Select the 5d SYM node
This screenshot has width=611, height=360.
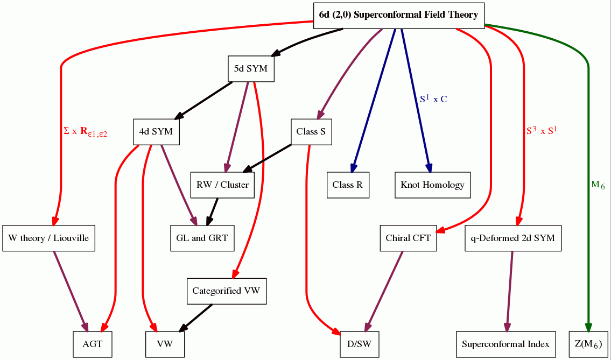tap(251, 69)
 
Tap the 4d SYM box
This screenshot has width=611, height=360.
tap(156, 132)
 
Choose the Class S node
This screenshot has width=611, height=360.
tap(311, 132)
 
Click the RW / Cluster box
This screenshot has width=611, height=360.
tap(222, 185)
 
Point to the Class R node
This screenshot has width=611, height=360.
tap(348, 185)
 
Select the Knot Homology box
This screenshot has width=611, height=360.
tap(432, 185)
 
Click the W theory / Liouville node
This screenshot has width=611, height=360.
tap(48, 238)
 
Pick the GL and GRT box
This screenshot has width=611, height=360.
tap(202, 238)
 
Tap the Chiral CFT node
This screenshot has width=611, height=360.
tap(408, 238)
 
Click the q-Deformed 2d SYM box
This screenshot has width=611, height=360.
tap(512, 238)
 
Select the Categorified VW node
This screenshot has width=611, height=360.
tap(226, 291)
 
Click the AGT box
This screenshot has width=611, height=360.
tap(93, 344)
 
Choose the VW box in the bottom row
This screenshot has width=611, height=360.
tap(165, 344)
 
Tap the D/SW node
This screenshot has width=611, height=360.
tap(360, 344)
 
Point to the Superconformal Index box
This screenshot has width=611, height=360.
tap(505, 344)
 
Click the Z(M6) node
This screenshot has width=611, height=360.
tap(588, 344)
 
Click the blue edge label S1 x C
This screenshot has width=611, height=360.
tap(433, 99)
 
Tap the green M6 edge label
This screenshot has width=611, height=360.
tap(598, 185)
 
